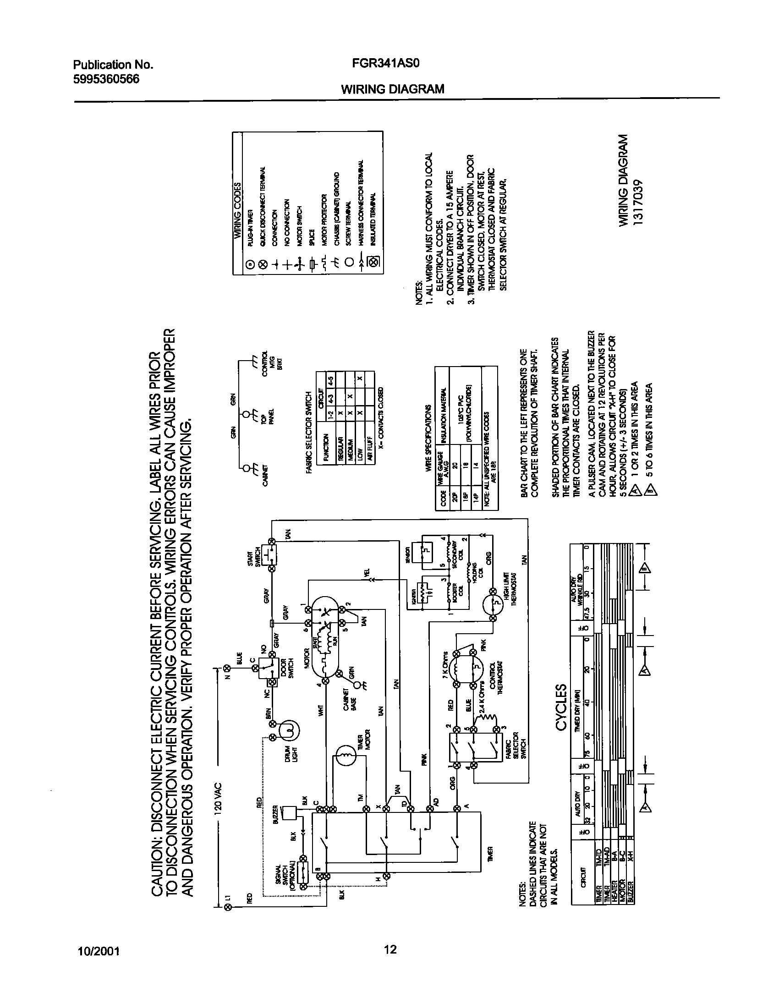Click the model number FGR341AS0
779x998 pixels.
pos(380,64)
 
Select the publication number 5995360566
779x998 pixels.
pos(106,79)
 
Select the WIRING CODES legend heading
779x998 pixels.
pos(238,209)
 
